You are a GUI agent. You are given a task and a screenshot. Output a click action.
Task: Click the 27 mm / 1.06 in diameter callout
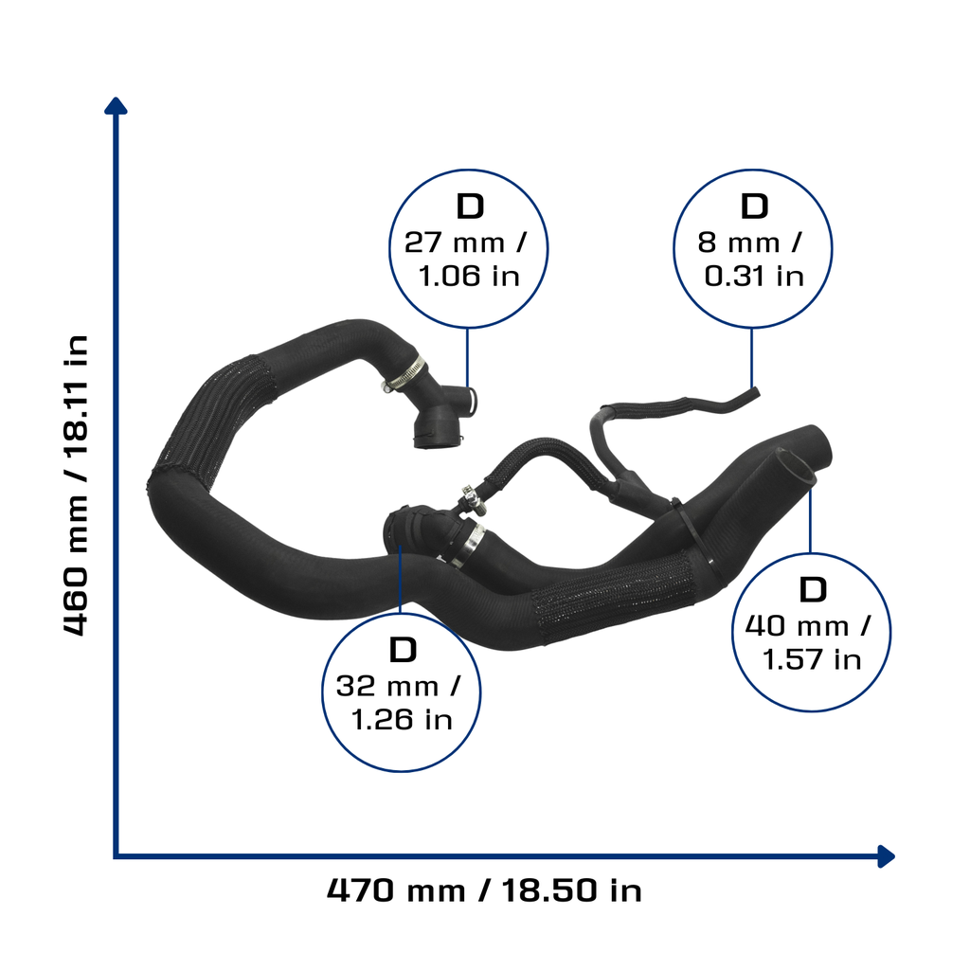click(x=468, y=249)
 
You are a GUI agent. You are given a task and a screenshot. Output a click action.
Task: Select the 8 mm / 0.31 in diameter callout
click(x=752, y=249)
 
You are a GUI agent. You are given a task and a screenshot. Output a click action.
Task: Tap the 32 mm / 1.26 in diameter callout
click(x=401, y=692)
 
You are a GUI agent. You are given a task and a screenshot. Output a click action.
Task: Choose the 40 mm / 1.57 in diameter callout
click(x=811, y=632)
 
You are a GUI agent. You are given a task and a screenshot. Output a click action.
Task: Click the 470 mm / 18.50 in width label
click(x=484, y=890)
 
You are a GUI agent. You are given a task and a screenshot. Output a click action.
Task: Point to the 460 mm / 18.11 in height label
click(x=76, y=486)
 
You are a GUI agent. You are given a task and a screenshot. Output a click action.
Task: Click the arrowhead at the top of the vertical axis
click(x=116, y=105)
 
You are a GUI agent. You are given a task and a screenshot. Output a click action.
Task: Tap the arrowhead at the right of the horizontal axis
click(x=886, y=856)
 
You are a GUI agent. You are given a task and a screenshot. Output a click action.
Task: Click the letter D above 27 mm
click(x=470, y=206)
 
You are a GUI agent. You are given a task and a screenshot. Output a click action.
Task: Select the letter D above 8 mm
click(x=754, y=206)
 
